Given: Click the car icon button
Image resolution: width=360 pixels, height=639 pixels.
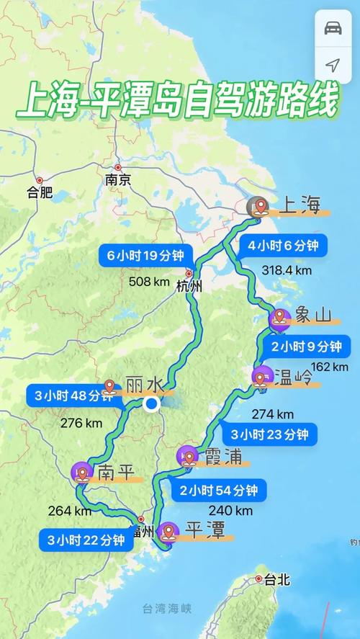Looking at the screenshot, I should coord(333,28).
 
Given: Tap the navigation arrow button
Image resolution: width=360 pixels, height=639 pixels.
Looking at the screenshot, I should coord(333,66).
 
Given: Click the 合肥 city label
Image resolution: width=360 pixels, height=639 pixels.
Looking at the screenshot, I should coord(40,192).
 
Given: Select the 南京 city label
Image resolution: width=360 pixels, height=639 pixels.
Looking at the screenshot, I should coord(117,181).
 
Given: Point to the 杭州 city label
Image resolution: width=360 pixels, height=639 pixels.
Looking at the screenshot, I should coord(189,285).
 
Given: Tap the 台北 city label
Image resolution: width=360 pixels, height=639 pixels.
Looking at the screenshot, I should coord(276,578).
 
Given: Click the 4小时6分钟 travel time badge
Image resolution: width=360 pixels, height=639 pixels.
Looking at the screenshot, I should coord(283,245).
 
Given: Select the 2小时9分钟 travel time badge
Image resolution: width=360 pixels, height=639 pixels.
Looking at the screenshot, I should coord(305,347).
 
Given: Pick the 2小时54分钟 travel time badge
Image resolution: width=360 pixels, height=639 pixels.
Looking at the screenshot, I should coord(219,491).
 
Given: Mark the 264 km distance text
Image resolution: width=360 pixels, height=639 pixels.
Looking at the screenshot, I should coord(70,511).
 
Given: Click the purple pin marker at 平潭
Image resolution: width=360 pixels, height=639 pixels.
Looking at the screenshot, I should coord(170,532).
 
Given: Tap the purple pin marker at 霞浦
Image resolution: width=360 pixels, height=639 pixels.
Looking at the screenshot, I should coord(187,456).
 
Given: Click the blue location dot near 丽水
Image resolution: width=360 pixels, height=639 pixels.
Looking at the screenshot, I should coord(151,404).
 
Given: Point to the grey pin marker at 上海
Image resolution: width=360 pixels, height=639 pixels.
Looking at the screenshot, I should coord(256,207).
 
